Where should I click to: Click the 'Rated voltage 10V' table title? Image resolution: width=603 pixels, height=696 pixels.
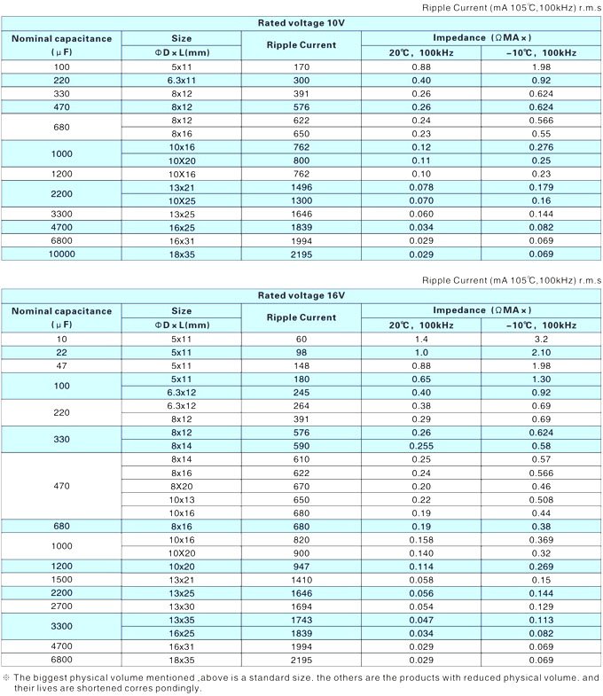click(x=301, y=23)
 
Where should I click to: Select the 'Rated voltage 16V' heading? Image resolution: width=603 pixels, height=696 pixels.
click(x=301, y=295)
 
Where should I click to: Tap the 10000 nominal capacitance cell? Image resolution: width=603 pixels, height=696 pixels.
click(x=62, y=254)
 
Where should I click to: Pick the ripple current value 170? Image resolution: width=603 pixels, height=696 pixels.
click(x=301, y=67)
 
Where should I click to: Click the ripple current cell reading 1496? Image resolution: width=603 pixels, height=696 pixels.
click(x=301, y=188)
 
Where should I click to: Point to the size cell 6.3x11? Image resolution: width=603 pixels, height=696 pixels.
click(x=181, y=80)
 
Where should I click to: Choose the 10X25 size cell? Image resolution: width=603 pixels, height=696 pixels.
click(x=181, y=200)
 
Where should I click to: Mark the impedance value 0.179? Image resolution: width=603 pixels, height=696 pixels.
click(x=541, y=188)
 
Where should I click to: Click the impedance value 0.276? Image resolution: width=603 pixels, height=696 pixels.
click(x=541, y=146)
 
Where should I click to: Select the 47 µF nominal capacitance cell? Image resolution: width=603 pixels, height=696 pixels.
click(x=62, y=365)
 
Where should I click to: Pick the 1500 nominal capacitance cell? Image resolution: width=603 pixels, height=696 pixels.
click(x=62, y=579)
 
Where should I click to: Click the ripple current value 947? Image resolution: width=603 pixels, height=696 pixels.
click(x=301, y=566)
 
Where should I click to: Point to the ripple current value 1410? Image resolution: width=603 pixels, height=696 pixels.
click(x=301, y=579)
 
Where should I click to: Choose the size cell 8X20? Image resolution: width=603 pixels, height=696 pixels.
click(x=181, y=486)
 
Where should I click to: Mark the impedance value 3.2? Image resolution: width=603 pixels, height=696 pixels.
click(x=541, y=339)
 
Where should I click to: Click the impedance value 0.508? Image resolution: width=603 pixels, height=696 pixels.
click(x=541, y=499)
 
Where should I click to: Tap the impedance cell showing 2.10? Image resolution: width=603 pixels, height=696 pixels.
click(x=541, y=352)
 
